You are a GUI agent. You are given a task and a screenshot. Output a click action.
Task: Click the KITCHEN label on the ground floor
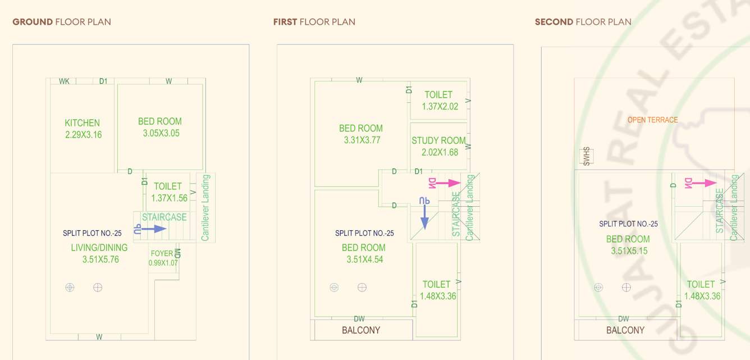pos(82,123)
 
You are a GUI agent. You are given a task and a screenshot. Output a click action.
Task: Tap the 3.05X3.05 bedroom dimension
pos(160,134)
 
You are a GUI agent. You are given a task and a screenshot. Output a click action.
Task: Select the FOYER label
pos(162,254)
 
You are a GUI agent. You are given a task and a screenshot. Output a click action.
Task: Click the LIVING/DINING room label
pos(99,248)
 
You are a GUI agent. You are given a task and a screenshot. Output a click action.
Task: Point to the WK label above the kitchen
pos(64,81)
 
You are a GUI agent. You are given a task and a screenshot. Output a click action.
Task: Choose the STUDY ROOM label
pos(438,140)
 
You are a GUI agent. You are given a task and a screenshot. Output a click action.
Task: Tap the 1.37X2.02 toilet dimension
pos(440,107)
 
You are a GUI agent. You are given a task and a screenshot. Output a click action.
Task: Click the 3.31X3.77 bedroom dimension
pos(362,140)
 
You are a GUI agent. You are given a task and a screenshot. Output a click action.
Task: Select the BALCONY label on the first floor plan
pos(361,330)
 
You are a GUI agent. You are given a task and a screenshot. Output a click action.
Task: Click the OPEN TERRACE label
pos(652,120)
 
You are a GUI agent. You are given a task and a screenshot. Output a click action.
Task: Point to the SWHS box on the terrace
pos(587,156)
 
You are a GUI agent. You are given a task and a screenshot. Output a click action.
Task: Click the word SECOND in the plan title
pos(553,22)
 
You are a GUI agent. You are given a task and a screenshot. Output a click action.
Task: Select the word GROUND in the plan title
pos(32,22)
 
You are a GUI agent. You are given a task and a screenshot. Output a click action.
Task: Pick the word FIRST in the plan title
pos(285,22)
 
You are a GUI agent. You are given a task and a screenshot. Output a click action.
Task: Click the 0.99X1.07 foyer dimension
pos(163,263)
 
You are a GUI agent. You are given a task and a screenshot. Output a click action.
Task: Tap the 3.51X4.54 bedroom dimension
pos(363,259)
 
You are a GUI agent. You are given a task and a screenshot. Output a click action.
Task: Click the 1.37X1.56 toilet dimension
pos(168,198)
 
